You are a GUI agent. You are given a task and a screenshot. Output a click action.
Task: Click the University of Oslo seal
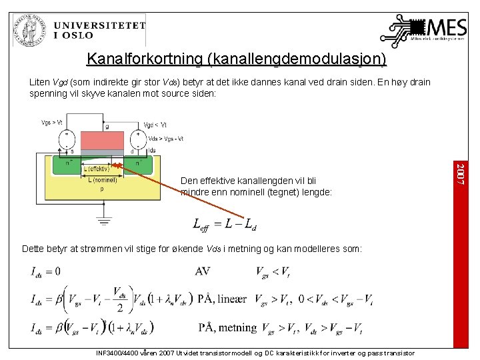pos(30,29)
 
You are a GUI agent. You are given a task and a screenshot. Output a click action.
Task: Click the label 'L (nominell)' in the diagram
pos(103,179)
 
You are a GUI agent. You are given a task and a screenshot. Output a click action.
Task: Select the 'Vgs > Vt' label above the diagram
pos(52,123)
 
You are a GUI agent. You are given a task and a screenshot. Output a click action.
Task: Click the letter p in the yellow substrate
pos(102,189)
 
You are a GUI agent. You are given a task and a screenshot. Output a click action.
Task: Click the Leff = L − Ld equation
pos(225,224)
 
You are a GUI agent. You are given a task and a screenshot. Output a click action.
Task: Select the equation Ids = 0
pos(45,271)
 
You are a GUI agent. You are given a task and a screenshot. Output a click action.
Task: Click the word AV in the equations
pos(203,271)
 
